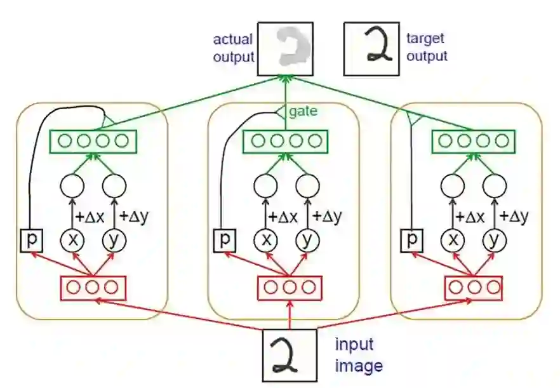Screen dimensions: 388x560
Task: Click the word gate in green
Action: (303, 112)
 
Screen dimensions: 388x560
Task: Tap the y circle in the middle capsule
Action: (308, 239)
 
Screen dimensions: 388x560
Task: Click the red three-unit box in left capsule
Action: (93, 288)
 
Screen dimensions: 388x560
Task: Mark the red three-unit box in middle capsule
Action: (290, 288)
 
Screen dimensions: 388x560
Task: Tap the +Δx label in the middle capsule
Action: (283, 217)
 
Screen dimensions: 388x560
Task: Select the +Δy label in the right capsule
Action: (514, 217)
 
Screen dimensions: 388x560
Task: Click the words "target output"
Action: (427, 48)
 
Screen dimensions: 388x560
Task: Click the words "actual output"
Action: (234, 48)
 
